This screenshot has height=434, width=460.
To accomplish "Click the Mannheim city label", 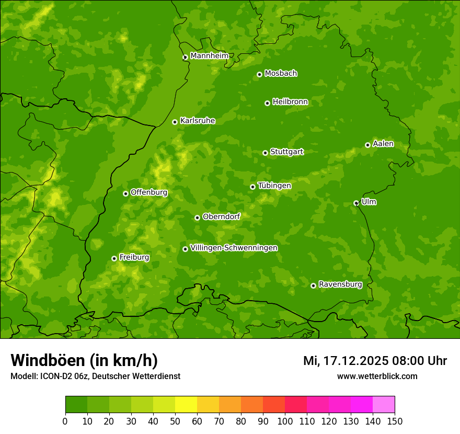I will [209, 56].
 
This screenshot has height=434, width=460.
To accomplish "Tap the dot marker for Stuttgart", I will [265, 153].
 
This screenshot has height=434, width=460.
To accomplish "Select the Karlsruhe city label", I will [197, 121].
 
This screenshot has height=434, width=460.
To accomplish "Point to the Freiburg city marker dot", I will [114, 258].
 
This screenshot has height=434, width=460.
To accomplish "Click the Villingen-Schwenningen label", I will [234, 248].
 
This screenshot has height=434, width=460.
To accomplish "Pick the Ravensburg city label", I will [340, 284].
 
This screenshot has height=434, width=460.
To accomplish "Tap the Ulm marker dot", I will [356, 203].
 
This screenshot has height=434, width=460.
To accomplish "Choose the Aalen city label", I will [383, 144].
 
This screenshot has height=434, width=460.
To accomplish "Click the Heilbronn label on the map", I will [290, 102].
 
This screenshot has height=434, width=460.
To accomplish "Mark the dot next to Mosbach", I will [259, 74].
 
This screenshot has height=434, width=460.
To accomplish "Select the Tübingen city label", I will [274, 186].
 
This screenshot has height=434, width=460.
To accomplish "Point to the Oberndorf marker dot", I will [197, 218].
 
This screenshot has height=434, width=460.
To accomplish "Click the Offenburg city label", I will [148, 192].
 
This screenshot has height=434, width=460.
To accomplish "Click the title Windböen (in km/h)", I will [84, 360].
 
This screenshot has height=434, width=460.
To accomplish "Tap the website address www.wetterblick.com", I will [377, 376].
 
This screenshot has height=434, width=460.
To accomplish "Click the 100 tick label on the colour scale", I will [285, 421].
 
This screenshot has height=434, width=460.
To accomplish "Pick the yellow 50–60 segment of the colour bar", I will [186, 405].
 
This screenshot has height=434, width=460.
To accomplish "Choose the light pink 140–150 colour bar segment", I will [384, 405].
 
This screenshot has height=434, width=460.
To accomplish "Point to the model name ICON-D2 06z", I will [62, 376].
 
